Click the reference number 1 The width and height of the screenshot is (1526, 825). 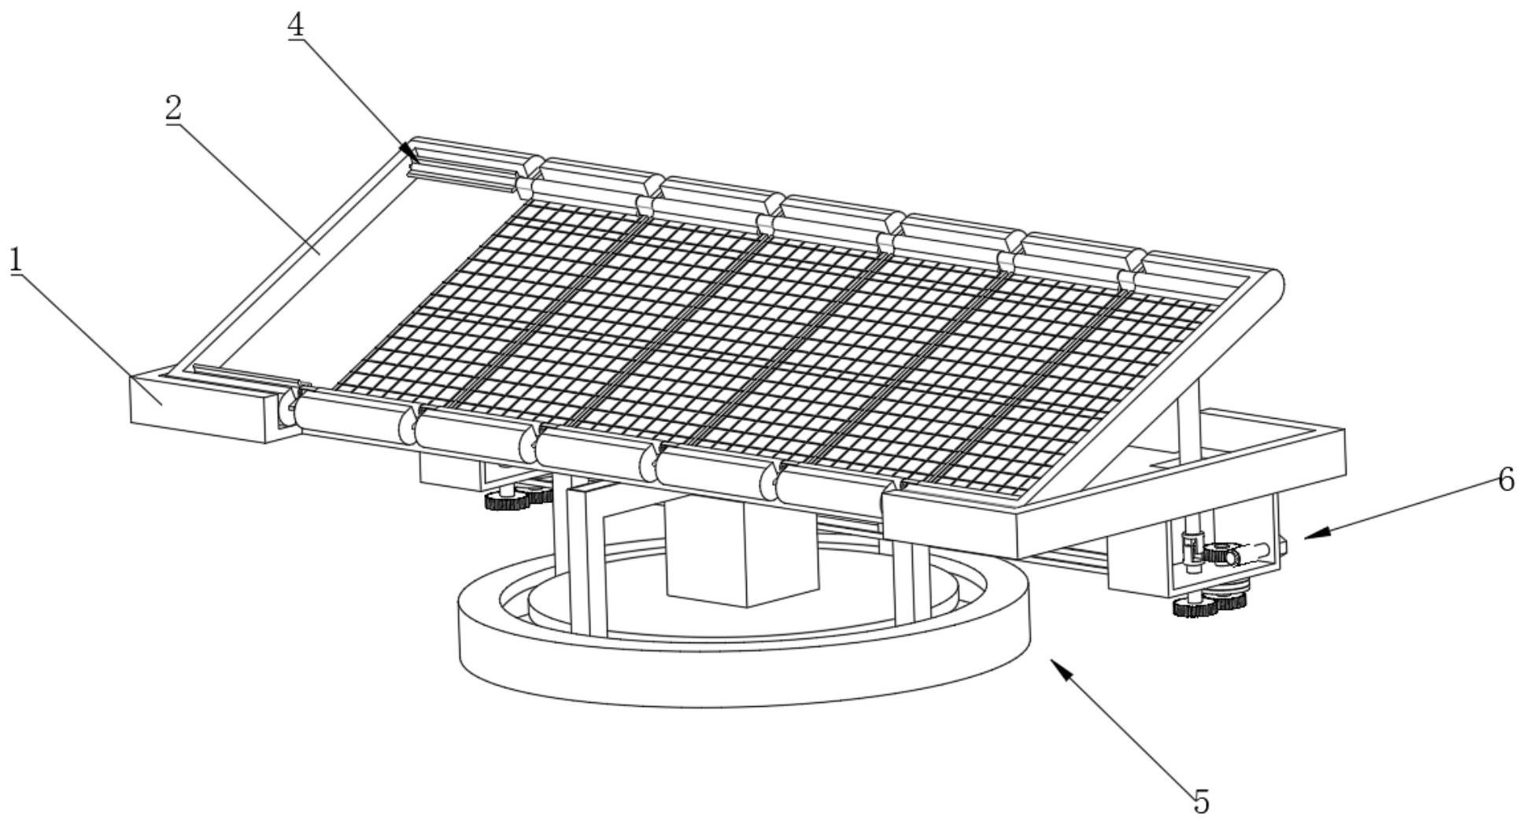[15, 261]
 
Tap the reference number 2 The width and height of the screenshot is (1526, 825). [172, 109]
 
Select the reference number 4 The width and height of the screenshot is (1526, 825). [295, 25]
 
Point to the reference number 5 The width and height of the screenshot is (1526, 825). [1200, 801]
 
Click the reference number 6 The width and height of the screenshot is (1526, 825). [1505, 479]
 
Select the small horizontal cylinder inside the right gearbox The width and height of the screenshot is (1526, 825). [1251, 554]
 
